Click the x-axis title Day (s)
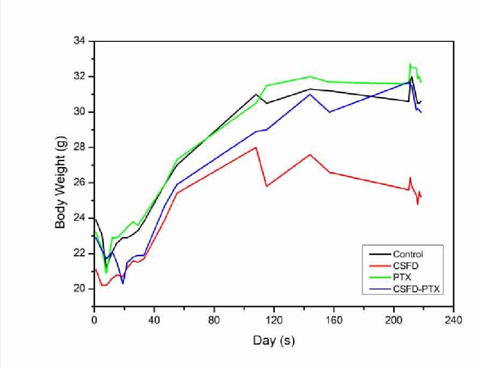(x=273, y=341)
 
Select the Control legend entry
(x=408, y=255)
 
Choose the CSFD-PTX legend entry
(x=416, y=290)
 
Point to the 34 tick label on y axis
(x=83, y=41)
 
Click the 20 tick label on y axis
(x=83, y=288)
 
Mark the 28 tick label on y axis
(x=83, y=147)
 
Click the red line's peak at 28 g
(x=256, y=147)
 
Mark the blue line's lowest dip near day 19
(x=123, y=283)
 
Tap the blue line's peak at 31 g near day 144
(x=310, y=94)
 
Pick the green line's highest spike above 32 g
(x=410, y=64)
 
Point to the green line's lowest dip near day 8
(x=106, y=272)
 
